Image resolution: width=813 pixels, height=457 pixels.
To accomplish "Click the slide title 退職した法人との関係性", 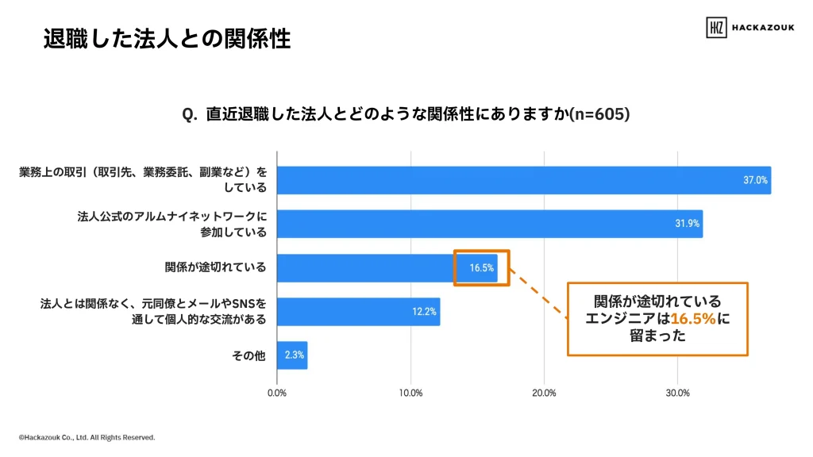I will pyautogui.click(x=167, y=38).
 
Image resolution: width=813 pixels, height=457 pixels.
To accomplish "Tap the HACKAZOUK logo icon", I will pyautogui.click(x=716, y=27).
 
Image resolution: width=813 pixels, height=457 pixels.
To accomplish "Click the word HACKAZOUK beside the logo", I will pyautogui.click(x=764, y=27).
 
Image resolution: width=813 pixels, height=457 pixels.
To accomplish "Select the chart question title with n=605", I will pyautogui.click(x=406, y=114).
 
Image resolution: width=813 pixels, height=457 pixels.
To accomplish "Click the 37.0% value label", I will pyautogui.click(x=755, y=180).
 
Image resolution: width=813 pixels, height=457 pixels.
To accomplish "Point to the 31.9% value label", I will pyautogui.click(x=687, y=224).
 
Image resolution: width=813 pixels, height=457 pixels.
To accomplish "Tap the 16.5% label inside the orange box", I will pyautogui.click(x=482, y=268).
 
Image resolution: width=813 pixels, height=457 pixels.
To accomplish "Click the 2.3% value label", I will pyautogui.click(x=294, y=355).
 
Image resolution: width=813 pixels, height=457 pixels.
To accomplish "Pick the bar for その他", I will pyautogui.click(x=291, y=355).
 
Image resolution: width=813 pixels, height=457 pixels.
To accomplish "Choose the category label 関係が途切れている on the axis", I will pyautogui.click(x=216, y=268).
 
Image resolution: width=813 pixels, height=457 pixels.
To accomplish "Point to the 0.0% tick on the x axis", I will pyautogui.click(x=276, y=393).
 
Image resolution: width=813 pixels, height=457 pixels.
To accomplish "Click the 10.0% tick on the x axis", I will pyautogui.click(x=410, y=393).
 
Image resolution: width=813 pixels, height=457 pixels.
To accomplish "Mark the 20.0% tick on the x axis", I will pyautogui.click(x=543, y=393).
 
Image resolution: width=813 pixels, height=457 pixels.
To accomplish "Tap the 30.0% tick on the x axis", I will pyautogui.click(x=676, y=393).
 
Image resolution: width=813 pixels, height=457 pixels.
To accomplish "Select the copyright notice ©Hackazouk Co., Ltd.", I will pyautogui.click(x=87, y=437).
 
